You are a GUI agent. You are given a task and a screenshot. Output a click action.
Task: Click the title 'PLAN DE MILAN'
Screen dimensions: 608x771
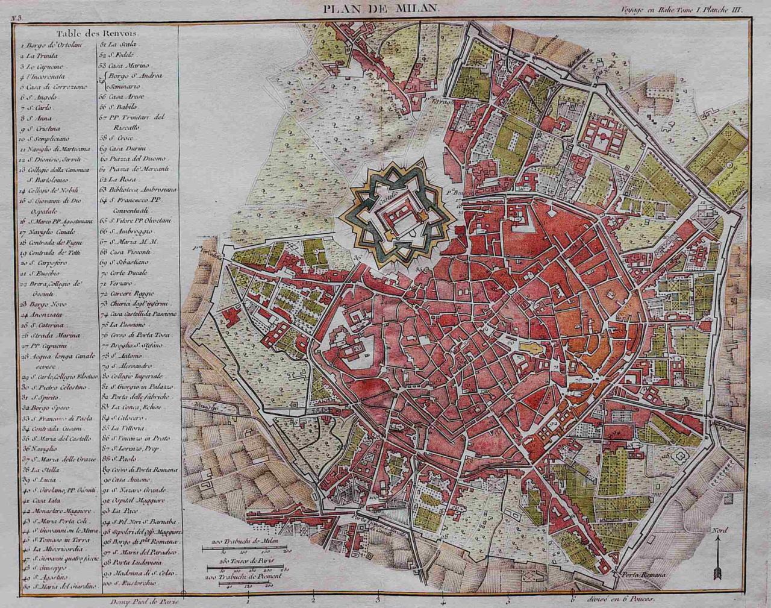(x=382, y=8)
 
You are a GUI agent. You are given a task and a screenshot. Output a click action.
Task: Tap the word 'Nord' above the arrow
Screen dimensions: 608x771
(x=719, y=531)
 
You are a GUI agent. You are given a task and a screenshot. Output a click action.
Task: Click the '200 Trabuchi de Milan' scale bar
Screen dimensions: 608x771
(x=246, y=547)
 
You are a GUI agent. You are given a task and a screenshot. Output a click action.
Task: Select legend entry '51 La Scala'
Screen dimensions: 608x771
(x=117, y=45)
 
